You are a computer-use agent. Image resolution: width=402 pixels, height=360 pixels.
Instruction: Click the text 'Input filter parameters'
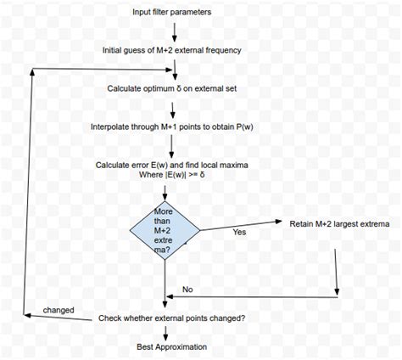coord(172,13)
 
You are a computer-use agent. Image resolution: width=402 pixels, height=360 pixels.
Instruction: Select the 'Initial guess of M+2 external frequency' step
coord(172,50)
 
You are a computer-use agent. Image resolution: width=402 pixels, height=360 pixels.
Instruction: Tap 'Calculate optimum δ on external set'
coord(172,88)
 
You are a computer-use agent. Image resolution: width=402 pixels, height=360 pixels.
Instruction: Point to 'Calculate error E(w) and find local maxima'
coord(172,164)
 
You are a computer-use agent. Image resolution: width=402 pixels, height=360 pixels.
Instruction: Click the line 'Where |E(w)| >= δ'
coord(172,177)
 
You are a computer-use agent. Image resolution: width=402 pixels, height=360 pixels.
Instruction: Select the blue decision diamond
coord(165,229)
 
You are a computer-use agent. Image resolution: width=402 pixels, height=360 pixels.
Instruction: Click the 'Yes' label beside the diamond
coord(239,232)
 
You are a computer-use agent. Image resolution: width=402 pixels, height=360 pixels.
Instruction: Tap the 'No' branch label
coord(188,290)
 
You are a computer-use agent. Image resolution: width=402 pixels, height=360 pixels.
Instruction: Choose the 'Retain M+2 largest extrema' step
coord(337,224)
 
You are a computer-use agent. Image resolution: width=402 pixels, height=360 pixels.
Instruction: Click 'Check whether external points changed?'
coord(172,318)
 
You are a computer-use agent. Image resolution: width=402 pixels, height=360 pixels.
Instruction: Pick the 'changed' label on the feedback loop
coord(59,310)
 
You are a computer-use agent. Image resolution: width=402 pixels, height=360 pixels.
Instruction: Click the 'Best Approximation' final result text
coord(172,346)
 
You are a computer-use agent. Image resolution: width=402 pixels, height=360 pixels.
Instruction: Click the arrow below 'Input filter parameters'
coord(173,31)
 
